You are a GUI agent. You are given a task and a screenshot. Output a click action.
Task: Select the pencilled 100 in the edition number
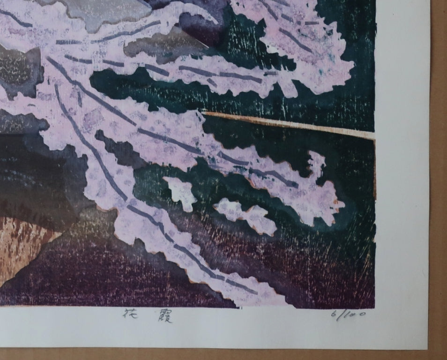(354, 315)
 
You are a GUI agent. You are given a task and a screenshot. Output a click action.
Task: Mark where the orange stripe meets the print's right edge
(374, 136)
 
